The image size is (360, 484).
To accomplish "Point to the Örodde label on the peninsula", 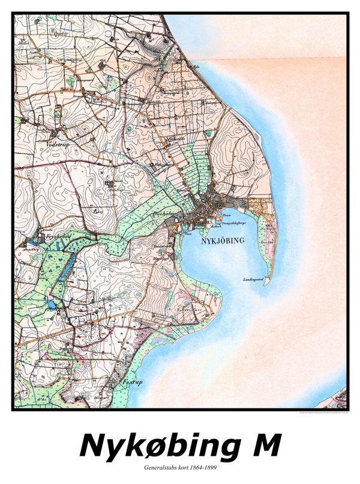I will pos(267,243).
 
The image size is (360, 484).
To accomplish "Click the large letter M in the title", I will pos(263,445).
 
